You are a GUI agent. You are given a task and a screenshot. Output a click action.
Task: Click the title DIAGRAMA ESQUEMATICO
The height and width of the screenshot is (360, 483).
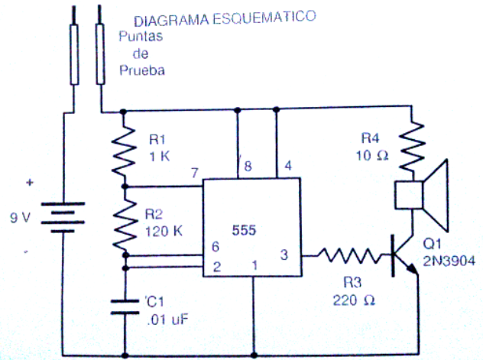[x=225, y=18]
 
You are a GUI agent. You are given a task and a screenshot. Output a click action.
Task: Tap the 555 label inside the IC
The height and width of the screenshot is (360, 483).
[x=244, y=230]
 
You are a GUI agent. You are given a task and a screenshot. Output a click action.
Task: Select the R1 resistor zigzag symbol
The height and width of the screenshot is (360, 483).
[x=124, y=151]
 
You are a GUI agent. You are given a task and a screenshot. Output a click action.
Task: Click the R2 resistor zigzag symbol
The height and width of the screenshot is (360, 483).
[x=125, y=225]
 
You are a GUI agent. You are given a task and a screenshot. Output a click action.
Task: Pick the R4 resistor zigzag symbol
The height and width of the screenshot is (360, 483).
[x=412, y=146]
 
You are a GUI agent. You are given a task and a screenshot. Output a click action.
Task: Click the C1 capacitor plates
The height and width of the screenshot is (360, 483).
[x=125, y=306]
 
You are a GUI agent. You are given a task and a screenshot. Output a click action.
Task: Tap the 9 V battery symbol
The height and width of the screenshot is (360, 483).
[x=63, y=217]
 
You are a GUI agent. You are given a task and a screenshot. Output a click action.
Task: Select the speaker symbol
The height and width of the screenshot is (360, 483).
[x=421, y=195]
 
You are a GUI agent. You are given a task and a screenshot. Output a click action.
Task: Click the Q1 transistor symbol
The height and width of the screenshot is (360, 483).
[x=404, y=255]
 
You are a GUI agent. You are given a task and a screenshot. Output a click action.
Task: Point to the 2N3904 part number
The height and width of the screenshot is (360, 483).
[x=449, y=261]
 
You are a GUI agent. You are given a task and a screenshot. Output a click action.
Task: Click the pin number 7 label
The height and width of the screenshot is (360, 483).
[x=194, y=173]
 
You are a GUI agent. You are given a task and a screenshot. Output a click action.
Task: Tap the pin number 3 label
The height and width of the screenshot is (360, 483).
[x=284, y=255]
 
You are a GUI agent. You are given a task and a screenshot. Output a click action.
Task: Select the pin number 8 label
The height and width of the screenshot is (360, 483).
[x=248, y=167]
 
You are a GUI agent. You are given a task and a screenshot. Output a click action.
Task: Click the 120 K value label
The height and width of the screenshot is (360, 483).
[x=164, y=232]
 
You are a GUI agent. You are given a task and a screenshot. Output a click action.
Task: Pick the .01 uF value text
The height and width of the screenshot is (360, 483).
[x=168, y=319]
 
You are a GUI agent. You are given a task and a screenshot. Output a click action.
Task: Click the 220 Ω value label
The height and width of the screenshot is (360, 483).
[x=354, y=300]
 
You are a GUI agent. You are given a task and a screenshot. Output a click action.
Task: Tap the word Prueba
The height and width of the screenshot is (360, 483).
[x=142, y=70]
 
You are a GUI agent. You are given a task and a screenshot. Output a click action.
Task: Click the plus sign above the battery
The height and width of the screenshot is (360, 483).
[x=30, y=183]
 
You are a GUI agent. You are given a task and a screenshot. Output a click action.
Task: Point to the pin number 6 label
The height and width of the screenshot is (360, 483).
[x=216, y=247]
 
